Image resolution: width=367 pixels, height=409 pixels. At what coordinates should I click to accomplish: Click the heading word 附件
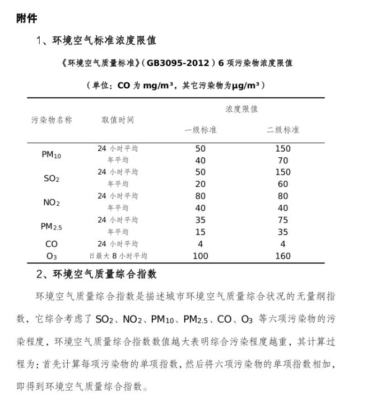tap(27, 18)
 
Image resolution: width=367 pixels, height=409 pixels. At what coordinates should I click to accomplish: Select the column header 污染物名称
tap(52, 120)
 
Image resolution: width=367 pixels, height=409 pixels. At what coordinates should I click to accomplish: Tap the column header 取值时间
tap(118, 120)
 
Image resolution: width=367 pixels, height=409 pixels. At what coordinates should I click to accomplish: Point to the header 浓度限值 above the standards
tap(241, 109)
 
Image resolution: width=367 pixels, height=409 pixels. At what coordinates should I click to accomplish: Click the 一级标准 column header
tap(200, 130)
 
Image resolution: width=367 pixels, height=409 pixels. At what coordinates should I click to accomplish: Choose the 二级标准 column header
tap(282, 130)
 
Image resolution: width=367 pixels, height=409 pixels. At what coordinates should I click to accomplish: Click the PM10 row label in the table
tap(52, 155)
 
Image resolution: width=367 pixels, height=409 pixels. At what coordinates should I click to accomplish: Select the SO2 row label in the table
tap(52, 179)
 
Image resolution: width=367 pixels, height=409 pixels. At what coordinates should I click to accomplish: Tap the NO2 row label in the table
tap(52, 203)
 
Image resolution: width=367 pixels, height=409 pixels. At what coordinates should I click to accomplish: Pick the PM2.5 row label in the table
tap(52, 227)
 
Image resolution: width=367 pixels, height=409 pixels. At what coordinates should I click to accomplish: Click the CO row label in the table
tap(52, 244)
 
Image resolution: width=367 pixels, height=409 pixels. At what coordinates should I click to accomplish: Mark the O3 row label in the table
tap(52, 256)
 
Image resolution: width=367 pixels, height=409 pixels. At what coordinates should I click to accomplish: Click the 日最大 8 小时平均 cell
tap(118, 256)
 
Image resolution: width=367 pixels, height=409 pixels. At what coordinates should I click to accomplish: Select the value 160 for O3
tap(282, 256)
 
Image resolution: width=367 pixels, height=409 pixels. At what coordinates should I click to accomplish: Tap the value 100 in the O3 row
tap(200, 256)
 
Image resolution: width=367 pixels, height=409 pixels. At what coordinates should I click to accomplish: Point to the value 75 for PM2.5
tap(282, 220)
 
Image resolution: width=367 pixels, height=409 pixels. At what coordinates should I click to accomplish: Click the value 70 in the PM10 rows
tap(282, 161)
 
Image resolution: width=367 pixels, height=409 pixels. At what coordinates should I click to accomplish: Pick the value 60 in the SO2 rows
tap(282, 184)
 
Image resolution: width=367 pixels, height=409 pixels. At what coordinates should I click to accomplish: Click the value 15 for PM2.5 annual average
tap(200, 232)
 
